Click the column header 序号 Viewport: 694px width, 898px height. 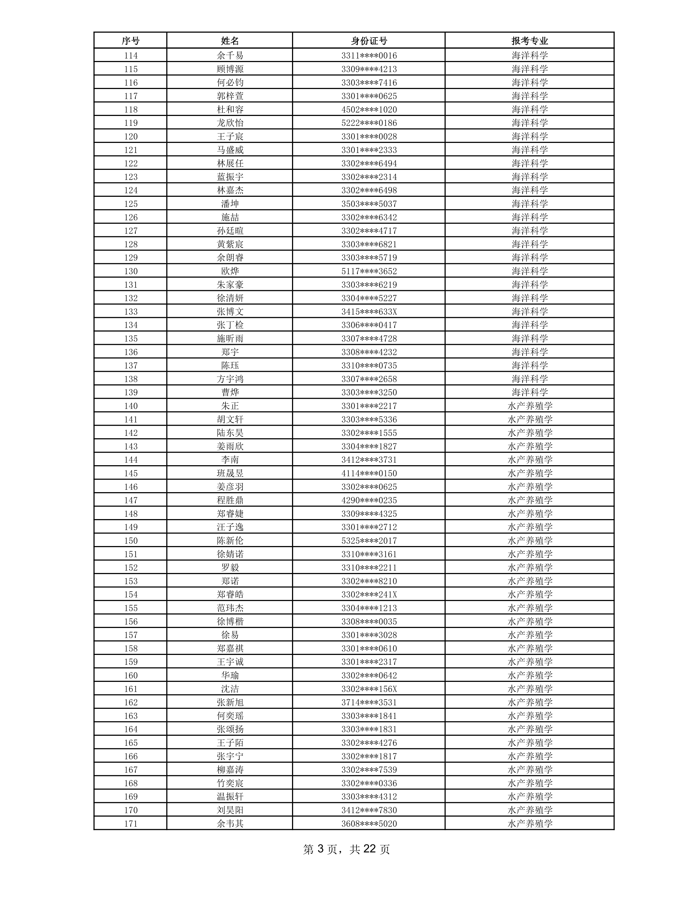130,41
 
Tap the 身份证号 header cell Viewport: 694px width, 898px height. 369,41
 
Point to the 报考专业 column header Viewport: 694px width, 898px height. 530,41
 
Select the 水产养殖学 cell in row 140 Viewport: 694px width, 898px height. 530,406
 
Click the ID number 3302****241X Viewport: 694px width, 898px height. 369,594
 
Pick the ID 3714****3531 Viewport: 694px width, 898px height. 369,703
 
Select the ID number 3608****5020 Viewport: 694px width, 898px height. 369,824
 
